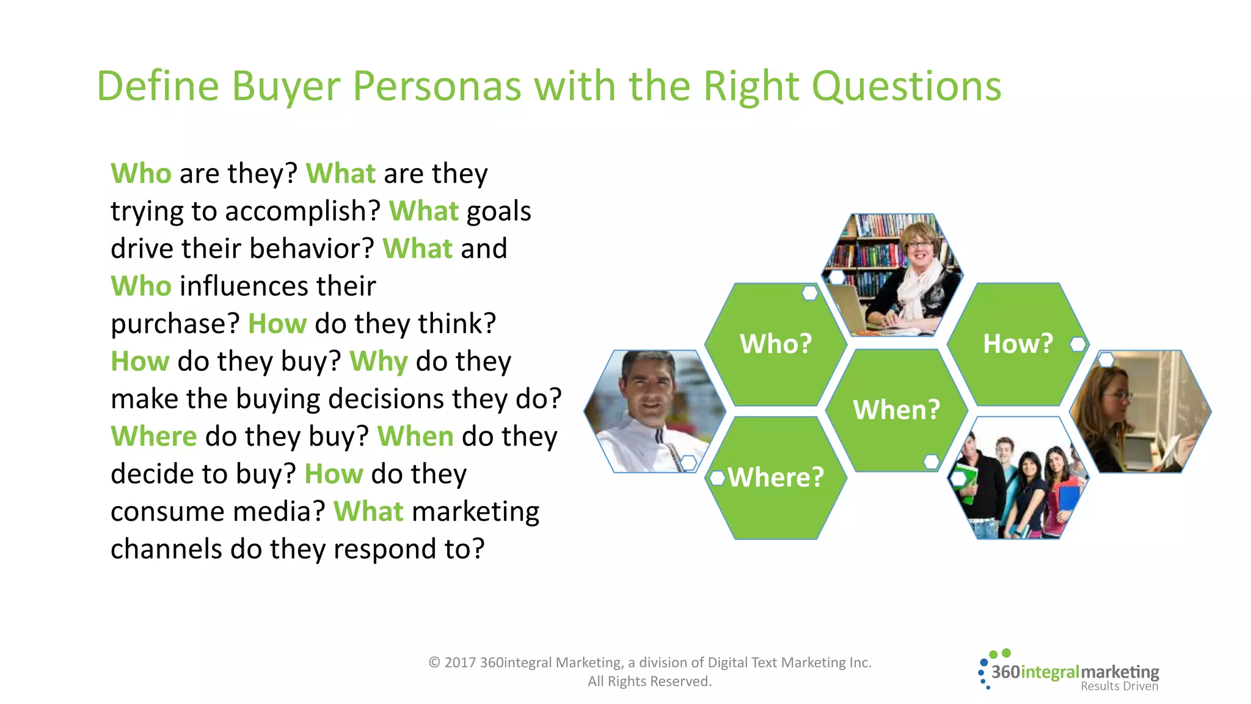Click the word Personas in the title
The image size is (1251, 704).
tap(437, 86)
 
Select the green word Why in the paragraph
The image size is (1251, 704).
tap(378, 362)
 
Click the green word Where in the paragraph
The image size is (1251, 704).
tap(154, 436)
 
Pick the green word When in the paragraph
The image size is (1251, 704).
tap(415, 436)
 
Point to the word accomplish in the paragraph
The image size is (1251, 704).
tap(303, 212)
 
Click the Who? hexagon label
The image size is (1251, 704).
tap(776, 344)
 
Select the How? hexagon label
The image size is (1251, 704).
tap(1018, 344)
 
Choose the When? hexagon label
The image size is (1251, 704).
tap(896, 410)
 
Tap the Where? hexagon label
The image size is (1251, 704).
tap(776, 477)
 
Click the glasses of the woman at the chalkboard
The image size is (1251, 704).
tap(1117, 395)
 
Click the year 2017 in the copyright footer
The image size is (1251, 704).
tap(460, 662)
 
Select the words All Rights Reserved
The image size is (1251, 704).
tap(649, 681)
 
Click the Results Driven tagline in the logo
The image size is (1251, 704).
tap(1119, 686)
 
